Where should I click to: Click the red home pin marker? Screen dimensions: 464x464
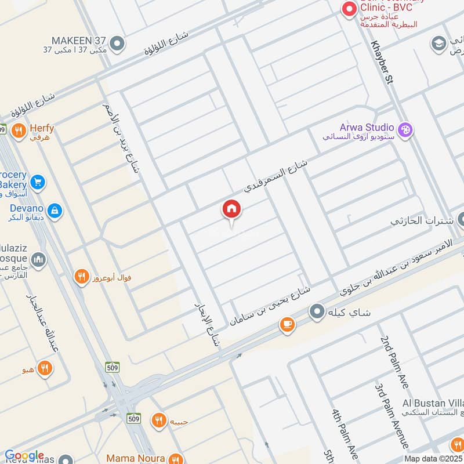[x=231, y=210]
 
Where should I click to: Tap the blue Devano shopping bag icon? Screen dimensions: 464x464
[x=55, y=210]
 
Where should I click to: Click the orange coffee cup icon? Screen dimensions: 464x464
[x=287, y=325]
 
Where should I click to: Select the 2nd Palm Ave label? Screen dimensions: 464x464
[x=394, y=362]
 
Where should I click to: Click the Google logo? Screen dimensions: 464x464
[x=24, y=456]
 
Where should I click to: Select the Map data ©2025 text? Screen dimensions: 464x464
[x=434, y=458]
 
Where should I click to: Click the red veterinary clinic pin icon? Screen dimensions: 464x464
[x=349, y=9]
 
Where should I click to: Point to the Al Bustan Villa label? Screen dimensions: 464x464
[x=433, y=403]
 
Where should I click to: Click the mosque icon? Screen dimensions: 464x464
[x=38, y=259]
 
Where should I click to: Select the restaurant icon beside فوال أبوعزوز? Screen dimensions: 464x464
[x=82, y=277]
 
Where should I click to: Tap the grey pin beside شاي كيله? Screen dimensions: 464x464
[x=317, y=313]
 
